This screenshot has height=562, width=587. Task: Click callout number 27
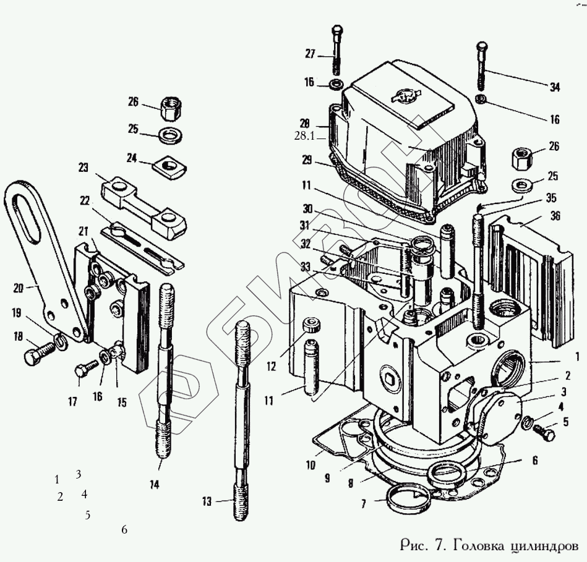coord(310,54)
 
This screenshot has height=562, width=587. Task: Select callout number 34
coord(554,87)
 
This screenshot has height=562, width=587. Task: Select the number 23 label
coord(84,167)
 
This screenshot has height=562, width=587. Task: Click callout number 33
coord(306,266)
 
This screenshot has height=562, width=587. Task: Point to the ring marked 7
coord(408,500)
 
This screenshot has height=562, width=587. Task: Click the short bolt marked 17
coord(83,370)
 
